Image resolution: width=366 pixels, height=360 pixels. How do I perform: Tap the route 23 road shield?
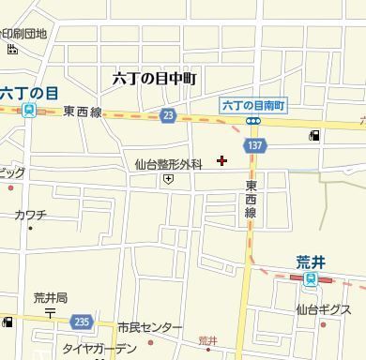167,114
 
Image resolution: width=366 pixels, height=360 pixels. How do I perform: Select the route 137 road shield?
255,147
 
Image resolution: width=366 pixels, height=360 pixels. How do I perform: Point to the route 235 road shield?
82,321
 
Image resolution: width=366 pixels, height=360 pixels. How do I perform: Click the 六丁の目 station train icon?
29,111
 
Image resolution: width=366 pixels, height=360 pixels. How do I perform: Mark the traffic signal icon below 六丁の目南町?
253,121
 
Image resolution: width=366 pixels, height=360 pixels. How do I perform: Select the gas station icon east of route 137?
313,136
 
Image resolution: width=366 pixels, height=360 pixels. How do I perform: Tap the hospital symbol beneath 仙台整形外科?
168,178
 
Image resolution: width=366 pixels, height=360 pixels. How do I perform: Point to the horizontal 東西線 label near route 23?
83,112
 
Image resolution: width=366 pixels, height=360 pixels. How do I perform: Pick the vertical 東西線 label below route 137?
251,200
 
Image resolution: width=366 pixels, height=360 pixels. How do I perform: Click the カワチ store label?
30,215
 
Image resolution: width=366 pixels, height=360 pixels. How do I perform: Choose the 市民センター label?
150,327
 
